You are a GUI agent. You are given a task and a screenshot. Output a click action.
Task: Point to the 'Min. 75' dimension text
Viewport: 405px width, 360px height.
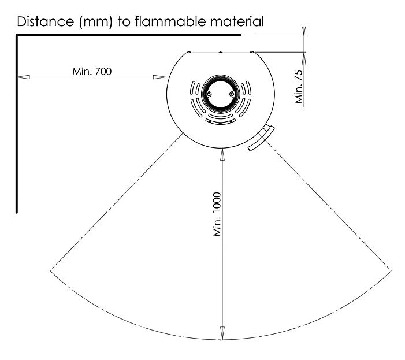[299, 87]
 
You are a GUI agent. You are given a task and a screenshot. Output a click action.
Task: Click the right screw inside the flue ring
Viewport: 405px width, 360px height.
[232, 94]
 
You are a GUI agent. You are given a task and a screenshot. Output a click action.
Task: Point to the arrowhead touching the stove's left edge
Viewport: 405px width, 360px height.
[161, 77]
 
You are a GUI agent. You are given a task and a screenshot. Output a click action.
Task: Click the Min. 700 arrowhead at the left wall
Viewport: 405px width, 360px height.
[22, 77]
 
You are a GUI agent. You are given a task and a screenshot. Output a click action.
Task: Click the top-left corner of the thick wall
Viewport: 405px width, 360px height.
[17, 36]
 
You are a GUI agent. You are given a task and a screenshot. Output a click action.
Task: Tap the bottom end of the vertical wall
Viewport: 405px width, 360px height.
[17, 212]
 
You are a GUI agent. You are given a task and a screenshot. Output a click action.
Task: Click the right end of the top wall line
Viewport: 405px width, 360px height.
[239, 36]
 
